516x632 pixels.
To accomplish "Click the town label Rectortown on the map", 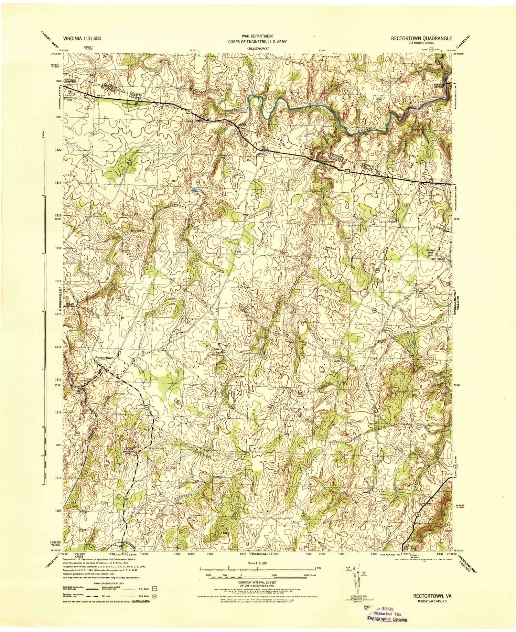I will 104,358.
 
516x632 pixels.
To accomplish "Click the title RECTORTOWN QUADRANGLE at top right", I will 421,39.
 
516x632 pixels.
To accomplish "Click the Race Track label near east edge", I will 437,259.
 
